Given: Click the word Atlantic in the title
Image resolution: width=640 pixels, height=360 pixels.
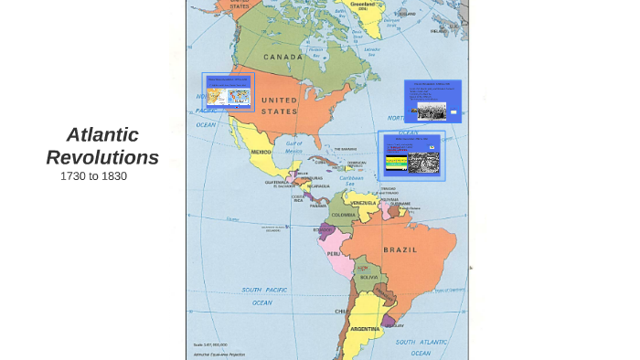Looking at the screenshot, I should point(102,135).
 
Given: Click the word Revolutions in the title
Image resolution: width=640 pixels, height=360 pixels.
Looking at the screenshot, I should point(102,157).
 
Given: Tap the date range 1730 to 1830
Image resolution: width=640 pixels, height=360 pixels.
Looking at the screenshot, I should point(93,175).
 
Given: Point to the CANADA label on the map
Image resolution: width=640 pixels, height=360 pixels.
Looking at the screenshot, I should point(283,57).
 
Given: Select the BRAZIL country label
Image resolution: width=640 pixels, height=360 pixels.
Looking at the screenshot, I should point(400,249).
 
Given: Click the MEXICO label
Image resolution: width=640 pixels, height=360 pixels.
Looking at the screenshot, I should point(261,152).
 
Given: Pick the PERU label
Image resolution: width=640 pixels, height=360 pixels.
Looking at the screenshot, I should point(335,253).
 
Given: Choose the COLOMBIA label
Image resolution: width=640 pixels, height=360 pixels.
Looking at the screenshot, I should point(343,215).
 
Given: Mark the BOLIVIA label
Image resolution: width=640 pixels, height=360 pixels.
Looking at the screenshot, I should point(368,277).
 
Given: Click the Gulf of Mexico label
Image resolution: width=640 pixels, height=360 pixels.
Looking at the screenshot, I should point(293,145).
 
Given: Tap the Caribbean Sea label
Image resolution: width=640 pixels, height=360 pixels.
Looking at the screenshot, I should point(352,181).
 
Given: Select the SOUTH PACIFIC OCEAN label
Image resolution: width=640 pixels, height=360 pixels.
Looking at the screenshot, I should point(263,295).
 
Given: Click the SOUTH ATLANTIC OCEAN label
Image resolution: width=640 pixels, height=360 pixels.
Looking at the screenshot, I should point(421,346).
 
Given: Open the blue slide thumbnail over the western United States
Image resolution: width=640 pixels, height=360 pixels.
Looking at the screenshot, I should point(228,91).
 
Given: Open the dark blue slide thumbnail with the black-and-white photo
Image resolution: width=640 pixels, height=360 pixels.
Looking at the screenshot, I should point(432,101).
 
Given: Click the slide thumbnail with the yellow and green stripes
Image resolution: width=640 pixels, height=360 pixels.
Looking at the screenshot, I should point(411,155).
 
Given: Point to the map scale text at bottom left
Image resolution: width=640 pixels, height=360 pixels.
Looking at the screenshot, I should point(210,344).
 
